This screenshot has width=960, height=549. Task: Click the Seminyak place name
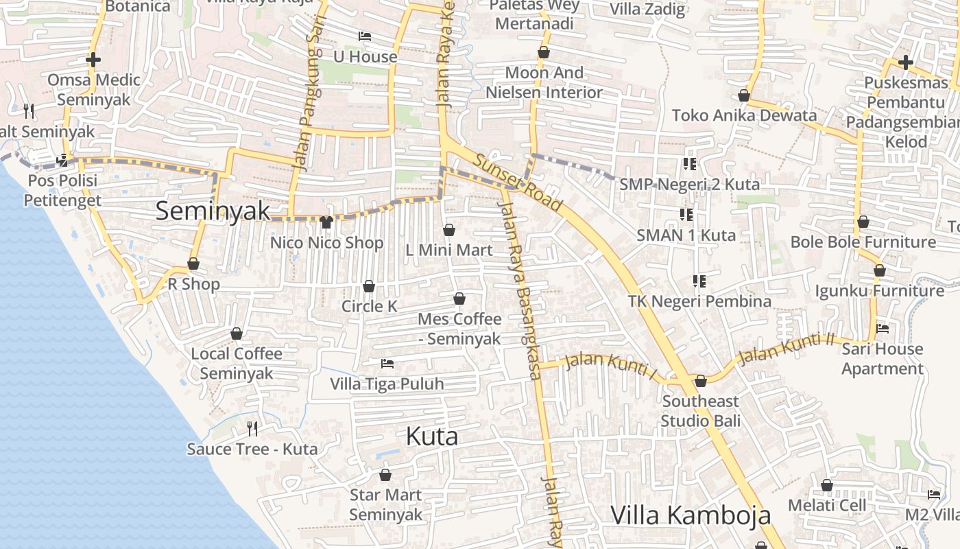213,211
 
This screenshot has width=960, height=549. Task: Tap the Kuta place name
432,436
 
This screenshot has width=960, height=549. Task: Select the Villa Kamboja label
691,515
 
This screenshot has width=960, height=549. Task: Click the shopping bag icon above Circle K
369,286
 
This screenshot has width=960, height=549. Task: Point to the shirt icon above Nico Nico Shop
326,222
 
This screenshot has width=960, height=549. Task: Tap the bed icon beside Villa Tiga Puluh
387,363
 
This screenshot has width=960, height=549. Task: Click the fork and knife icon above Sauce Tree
252,429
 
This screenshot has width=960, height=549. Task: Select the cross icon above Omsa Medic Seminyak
93,60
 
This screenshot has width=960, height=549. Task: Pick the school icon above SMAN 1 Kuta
686,215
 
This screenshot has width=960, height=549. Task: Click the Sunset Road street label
518,183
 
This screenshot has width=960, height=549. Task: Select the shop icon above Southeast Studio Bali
701,381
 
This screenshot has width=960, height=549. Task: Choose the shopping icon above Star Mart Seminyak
385,475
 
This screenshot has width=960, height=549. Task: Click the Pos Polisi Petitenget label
62,191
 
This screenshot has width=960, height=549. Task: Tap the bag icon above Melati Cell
827,485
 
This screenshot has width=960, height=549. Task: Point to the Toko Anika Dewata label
745,115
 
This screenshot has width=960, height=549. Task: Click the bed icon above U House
365,36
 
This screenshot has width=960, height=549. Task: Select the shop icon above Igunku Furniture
880,271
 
